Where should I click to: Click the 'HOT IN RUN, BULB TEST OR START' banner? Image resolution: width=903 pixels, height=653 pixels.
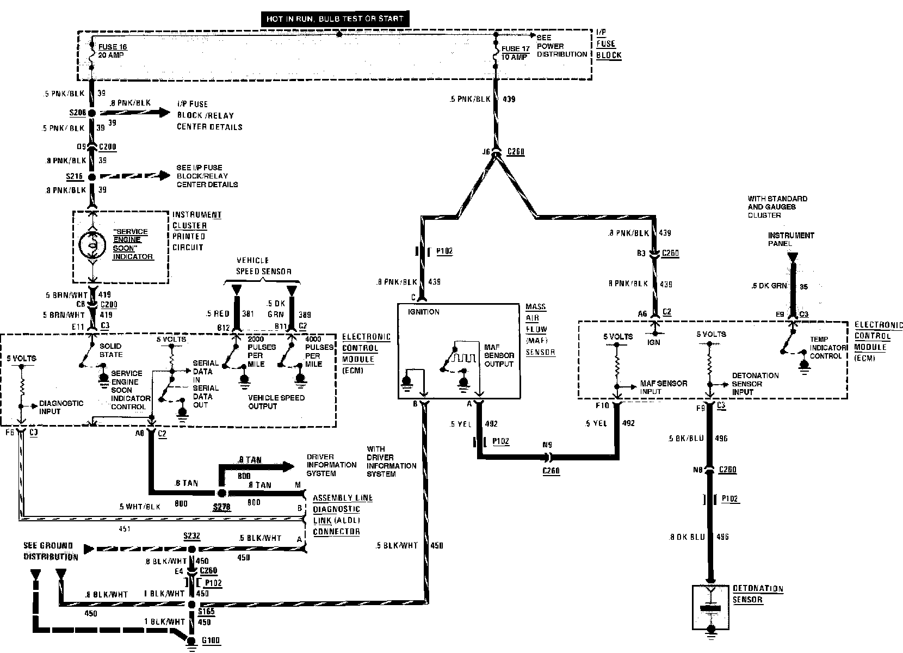[x=335, y=19]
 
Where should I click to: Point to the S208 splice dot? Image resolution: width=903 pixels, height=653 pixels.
[x=92, y=113]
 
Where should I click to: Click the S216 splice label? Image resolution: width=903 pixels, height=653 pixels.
[x=75, y=177]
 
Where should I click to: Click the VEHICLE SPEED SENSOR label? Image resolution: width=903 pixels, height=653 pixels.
[x=263, y=266]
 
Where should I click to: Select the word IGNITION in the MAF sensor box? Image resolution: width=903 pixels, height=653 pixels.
[x=423, y=312]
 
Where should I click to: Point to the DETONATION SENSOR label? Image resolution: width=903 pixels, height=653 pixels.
[x=757, y=594]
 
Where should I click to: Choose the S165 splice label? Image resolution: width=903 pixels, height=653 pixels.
[x=206, y=611]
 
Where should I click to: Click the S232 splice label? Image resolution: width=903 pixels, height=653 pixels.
[x=191, y=536]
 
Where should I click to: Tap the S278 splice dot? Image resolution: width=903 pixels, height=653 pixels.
[x=221, y=493]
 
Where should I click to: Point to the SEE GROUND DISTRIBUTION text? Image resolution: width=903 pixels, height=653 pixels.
[x=50, y=551]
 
